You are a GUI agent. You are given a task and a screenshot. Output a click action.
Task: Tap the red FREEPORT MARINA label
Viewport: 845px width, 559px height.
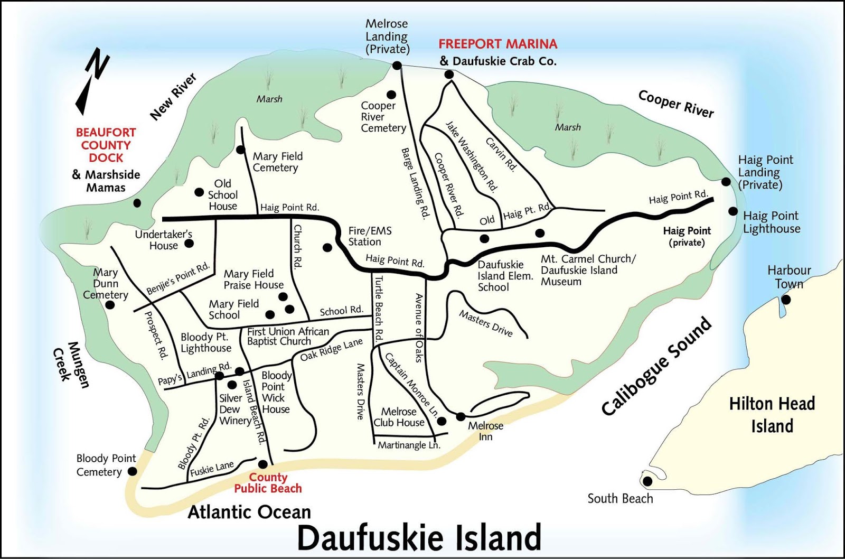497,44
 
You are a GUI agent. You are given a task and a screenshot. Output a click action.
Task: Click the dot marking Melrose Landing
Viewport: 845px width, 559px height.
397,65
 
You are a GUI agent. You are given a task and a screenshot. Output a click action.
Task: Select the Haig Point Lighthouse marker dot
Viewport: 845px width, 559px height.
733,211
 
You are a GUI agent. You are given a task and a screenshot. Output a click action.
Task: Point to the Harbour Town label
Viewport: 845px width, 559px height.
789,277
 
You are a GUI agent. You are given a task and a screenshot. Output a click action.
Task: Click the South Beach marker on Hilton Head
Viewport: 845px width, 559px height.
647,481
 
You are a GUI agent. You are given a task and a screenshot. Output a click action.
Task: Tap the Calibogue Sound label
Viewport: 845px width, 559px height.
656,366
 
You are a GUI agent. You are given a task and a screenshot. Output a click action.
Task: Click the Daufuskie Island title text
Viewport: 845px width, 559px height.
419,537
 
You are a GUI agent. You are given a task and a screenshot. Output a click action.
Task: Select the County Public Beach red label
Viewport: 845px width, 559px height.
268,483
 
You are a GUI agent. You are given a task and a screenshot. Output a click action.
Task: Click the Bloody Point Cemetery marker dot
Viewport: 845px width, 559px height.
133,471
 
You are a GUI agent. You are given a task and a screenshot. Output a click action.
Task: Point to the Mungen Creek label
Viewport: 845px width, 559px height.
72,365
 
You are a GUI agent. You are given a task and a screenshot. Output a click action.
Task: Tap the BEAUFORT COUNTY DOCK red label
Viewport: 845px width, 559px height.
106,145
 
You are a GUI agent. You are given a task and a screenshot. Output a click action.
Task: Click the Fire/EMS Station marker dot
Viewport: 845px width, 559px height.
327,247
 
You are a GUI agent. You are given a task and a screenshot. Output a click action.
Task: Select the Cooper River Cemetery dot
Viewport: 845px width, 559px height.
391,95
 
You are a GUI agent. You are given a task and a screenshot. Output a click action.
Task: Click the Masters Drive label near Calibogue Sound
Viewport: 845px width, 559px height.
485,323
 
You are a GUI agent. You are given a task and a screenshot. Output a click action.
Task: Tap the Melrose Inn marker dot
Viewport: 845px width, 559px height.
461,416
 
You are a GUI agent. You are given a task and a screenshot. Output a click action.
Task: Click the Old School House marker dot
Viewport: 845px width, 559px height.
199,192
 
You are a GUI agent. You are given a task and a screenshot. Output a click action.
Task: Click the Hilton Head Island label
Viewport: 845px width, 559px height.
772,415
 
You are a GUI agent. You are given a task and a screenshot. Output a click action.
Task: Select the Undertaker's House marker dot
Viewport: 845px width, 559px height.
189,243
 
